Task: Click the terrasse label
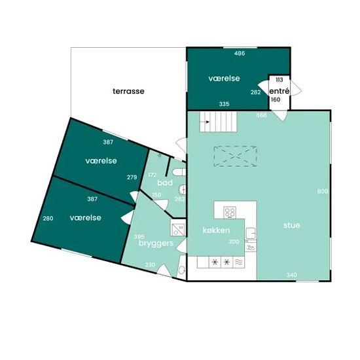[128, 91]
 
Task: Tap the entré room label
[279, 91]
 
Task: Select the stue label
[291, 225]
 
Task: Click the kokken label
[216, 230]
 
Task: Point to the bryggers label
[156, 243]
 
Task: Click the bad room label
[165, 183]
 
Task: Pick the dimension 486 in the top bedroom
[240, 53]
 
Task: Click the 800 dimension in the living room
[322, 191]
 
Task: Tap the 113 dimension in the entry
[279, 80]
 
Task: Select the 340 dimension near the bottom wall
[292, 275]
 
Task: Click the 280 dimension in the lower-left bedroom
[48, 218]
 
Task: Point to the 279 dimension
[132, 177]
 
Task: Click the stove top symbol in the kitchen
[230, 212]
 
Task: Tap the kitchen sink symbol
[251, 233]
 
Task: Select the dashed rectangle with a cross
[236, 156]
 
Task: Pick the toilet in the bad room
[179, 172]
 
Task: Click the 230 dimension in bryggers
[150, 264]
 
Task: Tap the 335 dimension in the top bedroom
[224, 104]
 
